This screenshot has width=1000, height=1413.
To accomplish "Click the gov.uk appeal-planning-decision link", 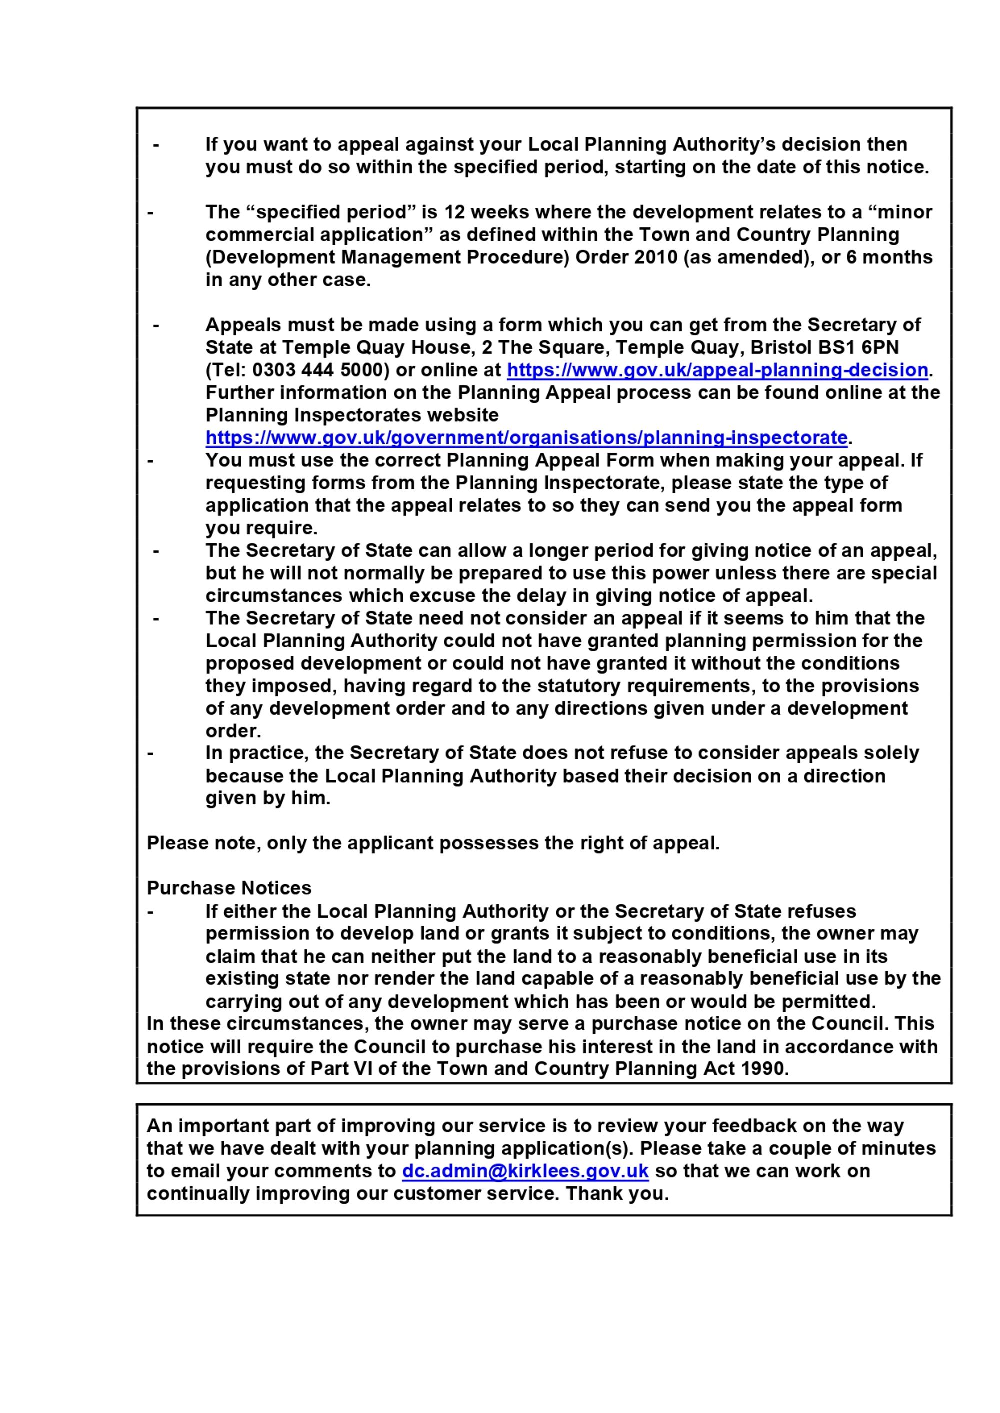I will [x=717, y=370].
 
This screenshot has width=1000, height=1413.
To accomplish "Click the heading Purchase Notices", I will [x=229, y=888].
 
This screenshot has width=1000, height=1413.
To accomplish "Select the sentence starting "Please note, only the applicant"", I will [x=433, y=843].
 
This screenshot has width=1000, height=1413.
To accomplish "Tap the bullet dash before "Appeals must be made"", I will [x=156, y=325].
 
